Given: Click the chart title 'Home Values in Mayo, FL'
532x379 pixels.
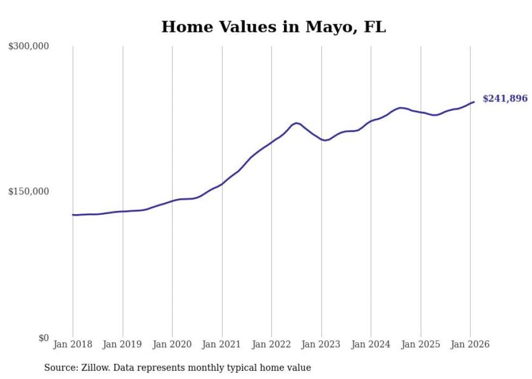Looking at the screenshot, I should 274,27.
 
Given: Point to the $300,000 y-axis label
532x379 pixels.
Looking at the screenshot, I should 29,47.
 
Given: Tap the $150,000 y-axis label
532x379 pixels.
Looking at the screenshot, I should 29,191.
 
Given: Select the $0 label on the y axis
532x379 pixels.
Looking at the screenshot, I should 43,338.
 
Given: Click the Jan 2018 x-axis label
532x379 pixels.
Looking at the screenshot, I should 73,344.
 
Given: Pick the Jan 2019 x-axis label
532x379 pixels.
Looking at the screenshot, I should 122,344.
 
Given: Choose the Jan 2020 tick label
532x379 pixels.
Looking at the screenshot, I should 172,344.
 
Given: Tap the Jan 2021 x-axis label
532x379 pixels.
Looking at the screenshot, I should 221,344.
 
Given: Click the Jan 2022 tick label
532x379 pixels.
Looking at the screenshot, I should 271,344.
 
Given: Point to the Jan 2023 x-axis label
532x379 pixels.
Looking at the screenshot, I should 321,344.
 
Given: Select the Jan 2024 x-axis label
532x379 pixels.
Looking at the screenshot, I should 371,344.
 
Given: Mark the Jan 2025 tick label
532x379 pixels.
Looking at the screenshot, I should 420,344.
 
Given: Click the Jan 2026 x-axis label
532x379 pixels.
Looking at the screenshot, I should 470,344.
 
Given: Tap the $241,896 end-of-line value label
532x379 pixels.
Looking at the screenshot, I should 505,99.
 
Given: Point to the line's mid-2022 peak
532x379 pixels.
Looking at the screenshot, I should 296,123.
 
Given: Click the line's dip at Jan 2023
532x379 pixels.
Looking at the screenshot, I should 325,140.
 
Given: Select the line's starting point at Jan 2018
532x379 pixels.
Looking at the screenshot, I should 73,215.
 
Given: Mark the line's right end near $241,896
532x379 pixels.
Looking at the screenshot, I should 474,102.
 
